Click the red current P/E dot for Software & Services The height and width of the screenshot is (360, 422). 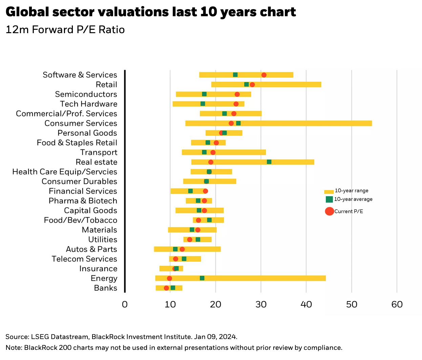click(x=264, y=75)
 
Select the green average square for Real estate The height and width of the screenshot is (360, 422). click(x=269, y=162)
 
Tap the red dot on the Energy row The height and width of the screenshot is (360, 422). click(x=169, y=278)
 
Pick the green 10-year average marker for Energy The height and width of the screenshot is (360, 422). click(x=202, y=278)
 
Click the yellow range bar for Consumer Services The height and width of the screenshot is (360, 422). click(x=305, y=123)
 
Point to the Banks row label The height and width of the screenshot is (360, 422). click(x=106, y=288)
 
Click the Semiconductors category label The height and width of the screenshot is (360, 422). click(x=86, y=94)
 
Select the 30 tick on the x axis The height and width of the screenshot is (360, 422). click(x=261, y=305)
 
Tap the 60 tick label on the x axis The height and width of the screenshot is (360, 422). click(x=397, y=305)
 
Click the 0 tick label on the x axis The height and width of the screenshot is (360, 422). click(x=125, y=305)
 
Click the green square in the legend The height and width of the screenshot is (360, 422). click(x=329, y=199)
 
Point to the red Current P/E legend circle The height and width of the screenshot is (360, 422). click(x=329, y=211)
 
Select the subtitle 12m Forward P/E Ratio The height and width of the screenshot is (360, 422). click(x=65, y=30)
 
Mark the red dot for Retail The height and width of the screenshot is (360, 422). click(x=252, y=85)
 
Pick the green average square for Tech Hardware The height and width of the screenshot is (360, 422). click(x=203, y=104)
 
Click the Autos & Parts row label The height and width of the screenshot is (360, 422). click(x=91, y=249)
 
